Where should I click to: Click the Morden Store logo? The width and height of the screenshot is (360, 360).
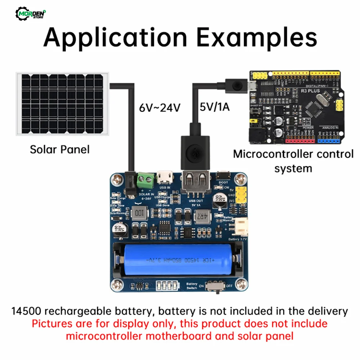(32, 14)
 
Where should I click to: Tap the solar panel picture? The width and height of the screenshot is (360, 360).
(62, 104)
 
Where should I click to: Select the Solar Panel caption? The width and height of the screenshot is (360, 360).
(59, 149)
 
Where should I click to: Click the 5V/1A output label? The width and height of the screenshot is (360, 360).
(215, 107)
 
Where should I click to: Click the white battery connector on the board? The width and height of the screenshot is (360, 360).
(239, 227)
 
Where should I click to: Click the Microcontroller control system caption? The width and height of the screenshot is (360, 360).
(293, 161)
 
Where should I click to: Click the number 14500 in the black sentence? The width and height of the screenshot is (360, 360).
(26, 311)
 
